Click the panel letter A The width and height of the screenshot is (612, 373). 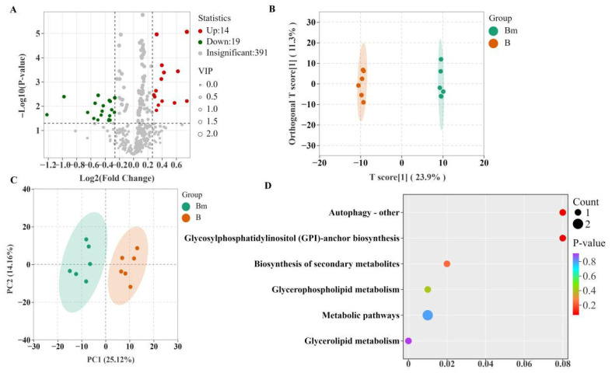tap(13, 10)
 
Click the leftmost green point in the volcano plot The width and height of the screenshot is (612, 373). tap(47, 115)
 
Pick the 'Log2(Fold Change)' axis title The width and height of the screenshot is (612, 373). tap(117, 178)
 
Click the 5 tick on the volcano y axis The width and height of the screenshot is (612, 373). tap(38, 33)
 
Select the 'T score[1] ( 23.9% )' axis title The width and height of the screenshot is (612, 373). tap(407, 177)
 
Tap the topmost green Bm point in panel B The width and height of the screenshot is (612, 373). tap(441, 59)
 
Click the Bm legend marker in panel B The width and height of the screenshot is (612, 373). tap(494, 31)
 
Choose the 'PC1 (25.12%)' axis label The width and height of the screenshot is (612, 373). tap(111, 359)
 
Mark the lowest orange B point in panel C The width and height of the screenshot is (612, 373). tap(131, 287)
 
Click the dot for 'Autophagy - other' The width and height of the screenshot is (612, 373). tap(562, 213)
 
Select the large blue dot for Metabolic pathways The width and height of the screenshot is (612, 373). tap(428, 315)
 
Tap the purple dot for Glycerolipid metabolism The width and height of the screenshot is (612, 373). tap(409, 341)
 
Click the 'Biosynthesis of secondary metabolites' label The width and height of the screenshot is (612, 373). tap(327, 264)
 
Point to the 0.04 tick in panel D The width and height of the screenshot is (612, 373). tap(485, 364)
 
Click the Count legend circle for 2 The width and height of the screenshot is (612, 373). tap(578, 225)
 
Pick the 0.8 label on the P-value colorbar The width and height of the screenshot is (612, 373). tap(589, 261)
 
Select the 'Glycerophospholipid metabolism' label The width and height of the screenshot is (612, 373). tap(336, 290)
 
